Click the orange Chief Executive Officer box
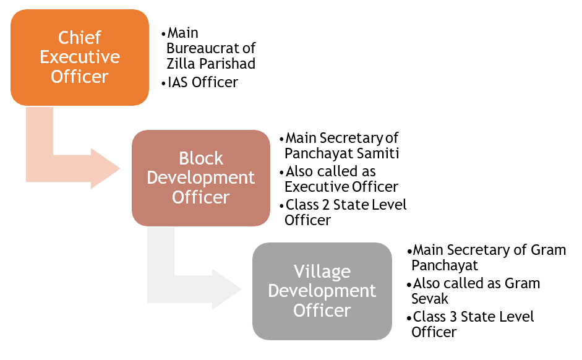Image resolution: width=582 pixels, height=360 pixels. tap(80, 57)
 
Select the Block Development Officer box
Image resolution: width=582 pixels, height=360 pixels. tap(201, 178)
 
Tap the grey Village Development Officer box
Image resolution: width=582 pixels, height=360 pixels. tap(322, 291)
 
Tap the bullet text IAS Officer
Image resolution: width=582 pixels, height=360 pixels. tap(203, 82)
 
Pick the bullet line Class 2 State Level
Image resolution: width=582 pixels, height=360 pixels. tap(346, 205)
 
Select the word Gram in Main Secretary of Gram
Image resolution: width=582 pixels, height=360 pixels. tap(549, 250)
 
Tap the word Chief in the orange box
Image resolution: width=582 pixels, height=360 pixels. tap(80, 38)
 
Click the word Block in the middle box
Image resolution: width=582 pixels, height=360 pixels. tap(201, 158)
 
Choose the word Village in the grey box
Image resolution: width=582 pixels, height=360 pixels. tap(322, 272)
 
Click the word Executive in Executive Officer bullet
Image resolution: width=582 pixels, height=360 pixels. tap(315, 186)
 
